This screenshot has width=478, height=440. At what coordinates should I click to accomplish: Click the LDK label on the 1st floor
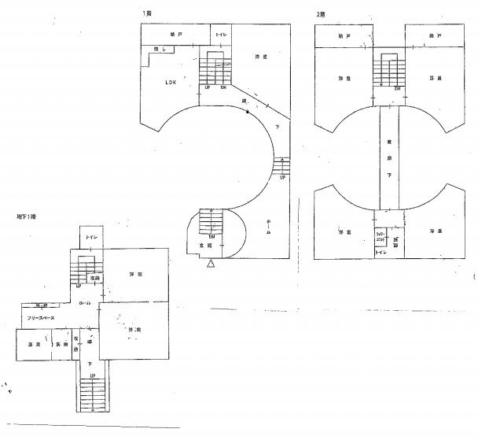171,82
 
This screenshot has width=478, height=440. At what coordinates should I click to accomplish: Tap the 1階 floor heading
146,13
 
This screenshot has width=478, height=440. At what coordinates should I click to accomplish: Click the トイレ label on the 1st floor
222,35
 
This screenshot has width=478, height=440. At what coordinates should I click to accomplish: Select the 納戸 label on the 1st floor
176,35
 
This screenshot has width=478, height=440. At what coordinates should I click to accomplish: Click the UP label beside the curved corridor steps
282,178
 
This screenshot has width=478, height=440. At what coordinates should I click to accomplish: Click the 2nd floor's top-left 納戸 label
344,36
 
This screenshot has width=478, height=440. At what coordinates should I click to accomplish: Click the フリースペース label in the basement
41,318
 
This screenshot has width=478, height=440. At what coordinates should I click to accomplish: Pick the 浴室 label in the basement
34,345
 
